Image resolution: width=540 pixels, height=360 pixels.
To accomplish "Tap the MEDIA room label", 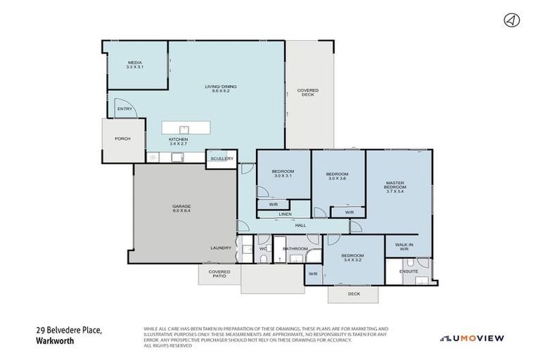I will (135, 65).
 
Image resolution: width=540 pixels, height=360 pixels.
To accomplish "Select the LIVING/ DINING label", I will (220, 88).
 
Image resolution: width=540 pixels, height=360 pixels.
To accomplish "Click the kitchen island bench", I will (186, 128).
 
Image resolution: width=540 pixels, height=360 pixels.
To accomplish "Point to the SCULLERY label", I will (221, 159).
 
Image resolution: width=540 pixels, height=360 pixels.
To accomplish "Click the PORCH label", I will (123, 139).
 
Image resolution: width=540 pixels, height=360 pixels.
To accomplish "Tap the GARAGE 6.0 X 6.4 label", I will (181, 208).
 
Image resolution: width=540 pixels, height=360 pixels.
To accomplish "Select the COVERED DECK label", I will (307, 92).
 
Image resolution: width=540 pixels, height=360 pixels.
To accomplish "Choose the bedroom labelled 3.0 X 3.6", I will (337, 176).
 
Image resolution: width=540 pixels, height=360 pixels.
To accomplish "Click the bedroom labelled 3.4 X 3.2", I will (352, 257).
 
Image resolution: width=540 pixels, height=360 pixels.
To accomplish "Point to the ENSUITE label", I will (409, 271).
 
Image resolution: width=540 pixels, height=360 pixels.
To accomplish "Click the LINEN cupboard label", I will (284, 214).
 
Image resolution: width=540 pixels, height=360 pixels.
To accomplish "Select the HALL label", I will (300, 225).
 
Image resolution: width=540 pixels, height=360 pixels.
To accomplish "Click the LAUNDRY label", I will (220, 248).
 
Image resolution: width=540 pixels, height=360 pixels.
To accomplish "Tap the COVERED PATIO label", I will (219, 274).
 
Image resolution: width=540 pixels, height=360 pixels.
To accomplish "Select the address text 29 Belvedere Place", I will (70, 330).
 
